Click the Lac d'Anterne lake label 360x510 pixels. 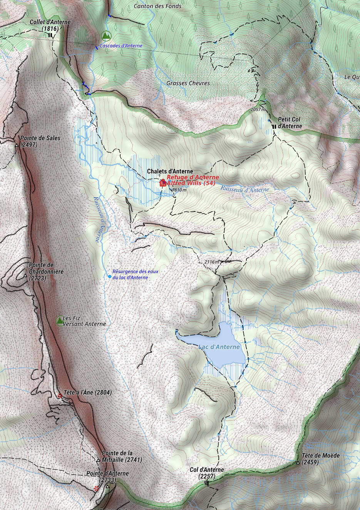pos(219,347)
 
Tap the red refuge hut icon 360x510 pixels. pos(162,183)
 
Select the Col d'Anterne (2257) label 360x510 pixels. pos(207,473)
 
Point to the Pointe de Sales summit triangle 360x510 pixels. pos(17,145)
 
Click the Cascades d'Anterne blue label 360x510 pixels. pos(121,46)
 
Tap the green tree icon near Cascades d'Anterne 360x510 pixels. pos(106,36)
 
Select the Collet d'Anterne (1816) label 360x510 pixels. pos(50,25)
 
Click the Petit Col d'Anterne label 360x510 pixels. pos(290,122)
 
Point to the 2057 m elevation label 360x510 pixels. pos(258,109)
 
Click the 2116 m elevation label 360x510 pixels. pos(211,262)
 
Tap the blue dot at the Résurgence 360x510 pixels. pos(110,277)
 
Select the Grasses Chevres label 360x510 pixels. pos(188,83)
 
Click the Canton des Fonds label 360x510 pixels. pos(157,6)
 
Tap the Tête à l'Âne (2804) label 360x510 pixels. pos(88,393)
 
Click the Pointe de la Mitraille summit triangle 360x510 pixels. pos(98,460)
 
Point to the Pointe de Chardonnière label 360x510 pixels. pos(42,272)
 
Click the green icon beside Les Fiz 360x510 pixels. pos(60,320)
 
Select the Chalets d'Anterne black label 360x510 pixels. pos(170,171)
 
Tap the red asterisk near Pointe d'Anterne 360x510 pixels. pos(96,488)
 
